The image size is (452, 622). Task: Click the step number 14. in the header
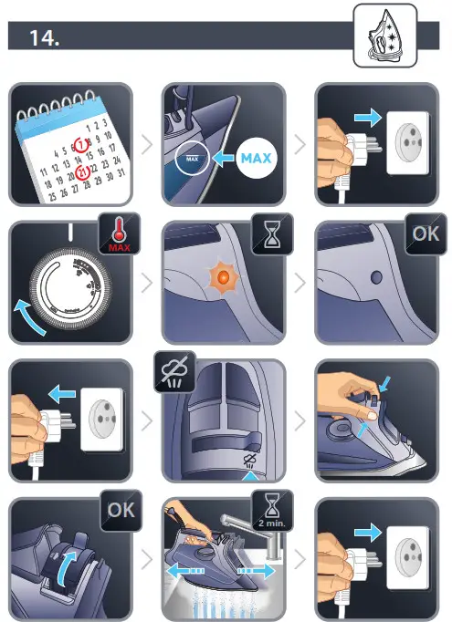(46, 39)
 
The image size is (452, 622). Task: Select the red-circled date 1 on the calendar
(81, 144)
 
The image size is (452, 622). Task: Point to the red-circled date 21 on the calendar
(82, 172)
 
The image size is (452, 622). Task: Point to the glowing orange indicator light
(220, 273)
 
